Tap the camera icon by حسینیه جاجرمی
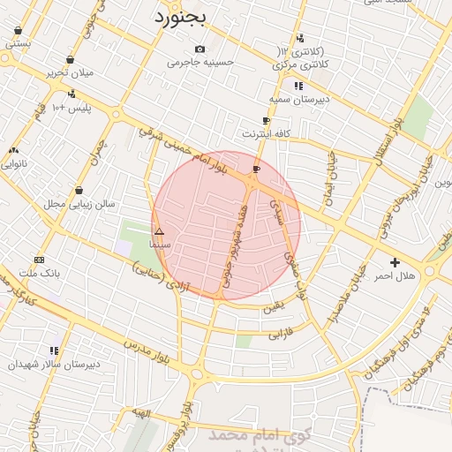(x=200, y=49)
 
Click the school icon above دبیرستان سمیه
(x=299, y=86)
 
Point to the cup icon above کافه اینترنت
(x=266, y=121)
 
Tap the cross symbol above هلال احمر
(x=395, y=262)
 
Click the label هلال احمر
(x=394, y=276)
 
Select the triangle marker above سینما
(x=159, y=231)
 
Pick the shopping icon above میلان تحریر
(x=70, y=60)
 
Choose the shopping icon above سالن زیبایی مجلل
(x=79, y=190)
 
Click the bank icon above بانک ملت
(x=39, y=260)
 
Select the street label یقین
(x=275, y=306)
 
